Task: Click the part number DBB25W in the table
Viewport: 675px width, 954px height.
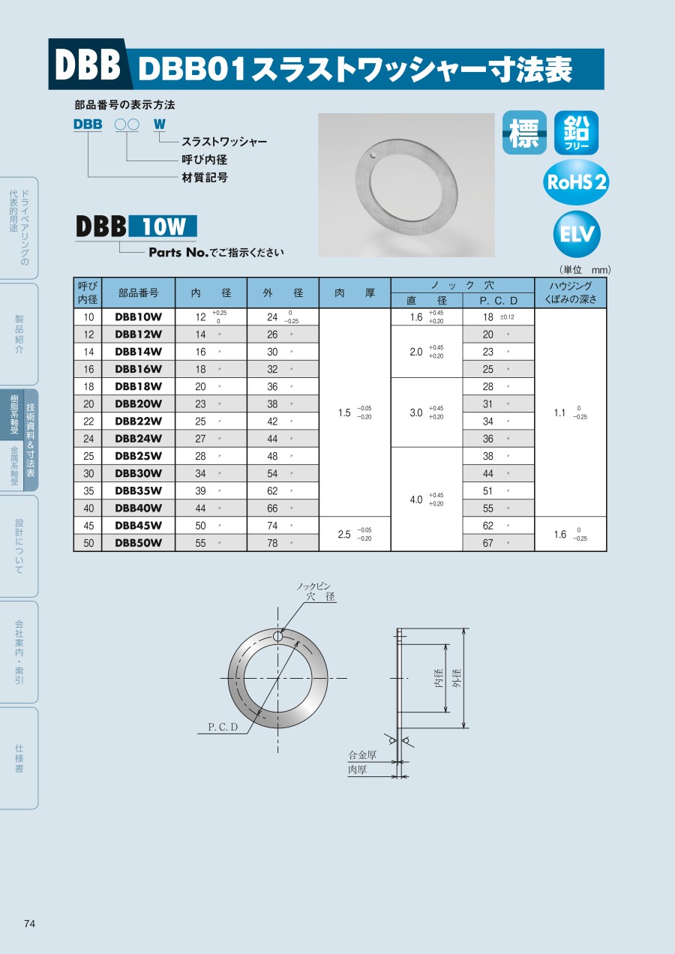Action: tap(139, 456)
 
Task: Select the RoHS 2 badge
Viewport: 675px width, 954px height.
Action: tap(576, 182)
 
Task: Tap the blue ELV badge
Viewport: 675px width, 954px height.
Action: tap(577, 234)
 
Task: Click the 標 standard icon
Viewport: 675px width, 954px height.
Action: tap(524, 133)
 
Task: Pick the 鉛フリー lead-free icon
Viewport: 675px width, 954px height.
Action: tap(576, 133)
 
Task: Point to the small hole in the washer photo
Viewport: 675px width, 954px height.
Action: tap(373, 154)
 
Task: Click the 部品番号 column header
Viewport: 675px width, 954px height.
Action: tap(139, 293)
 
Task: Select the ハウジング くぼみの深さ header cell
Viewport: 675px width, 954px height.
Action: tap(571, 292)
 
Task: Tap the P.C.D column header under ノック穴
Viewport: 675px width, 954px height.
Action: tap(498, 301)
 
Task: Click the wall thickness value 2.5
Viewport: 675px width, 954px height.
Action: tap(344, 534)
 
